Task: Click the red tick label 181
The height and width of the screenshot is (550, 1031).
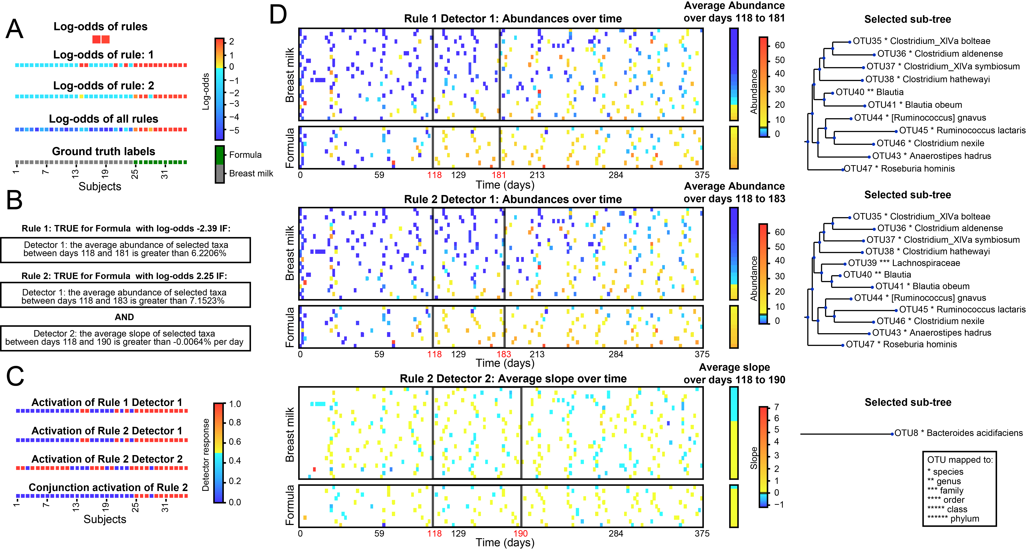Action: pos(499,175)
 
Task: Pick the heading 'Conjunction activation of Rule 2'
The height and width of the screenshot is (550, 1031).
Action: pos(108,488)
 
